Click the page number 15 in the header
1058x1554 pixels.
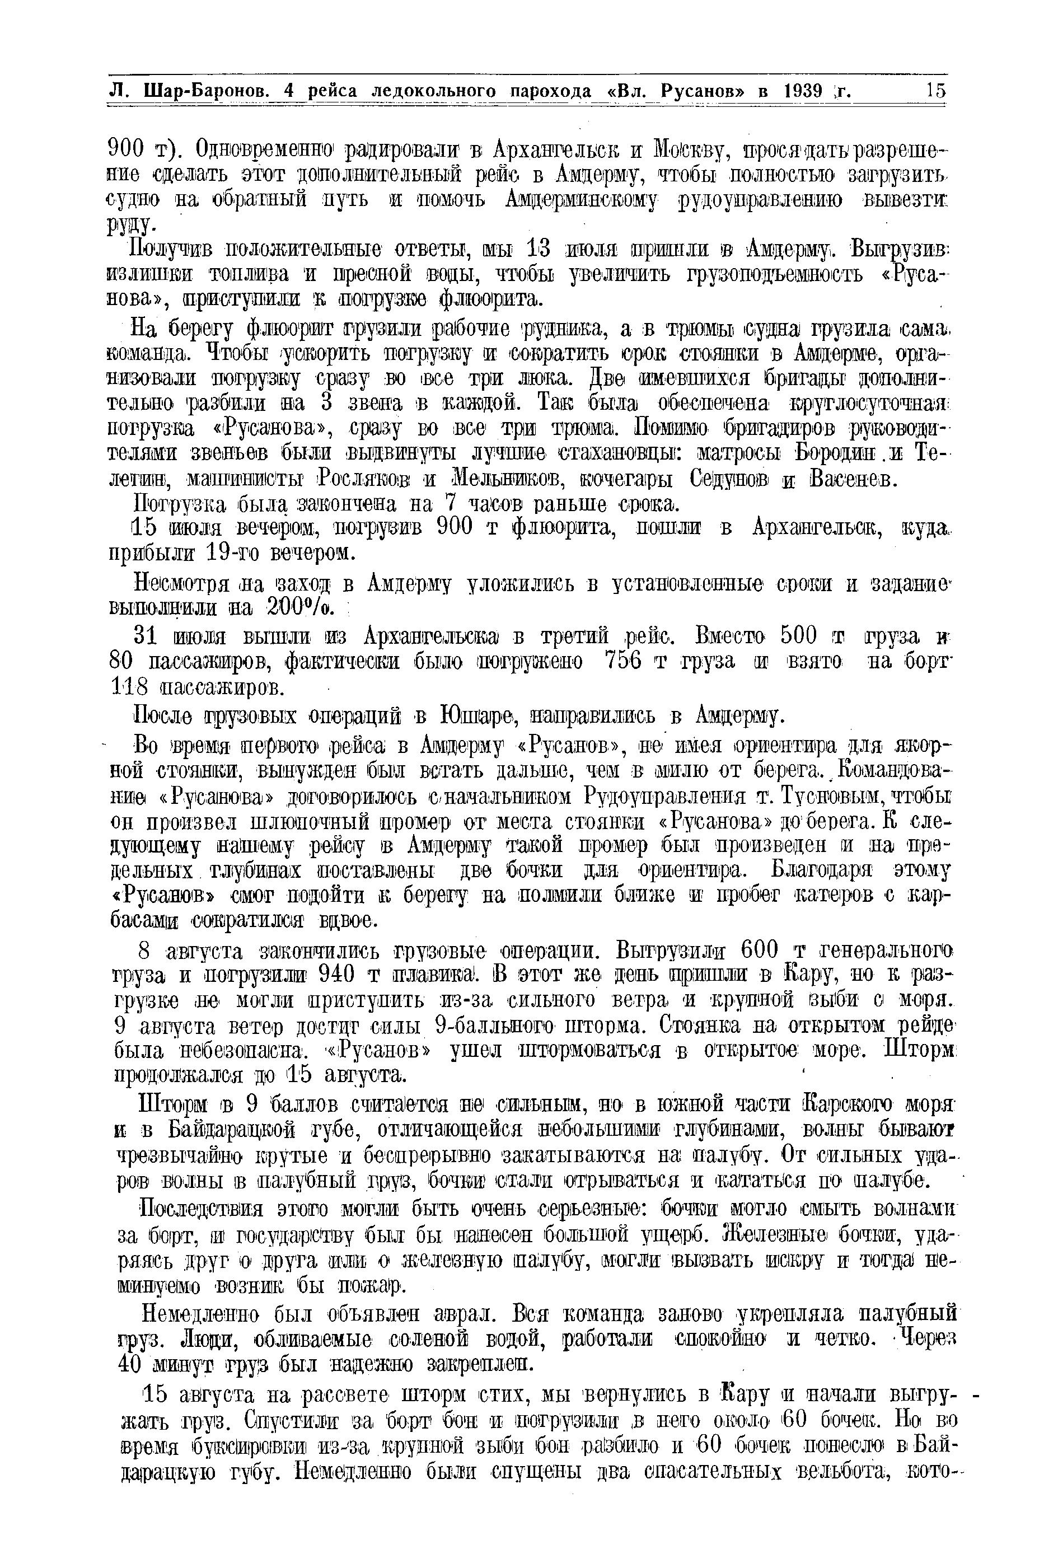click(935, 90)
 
